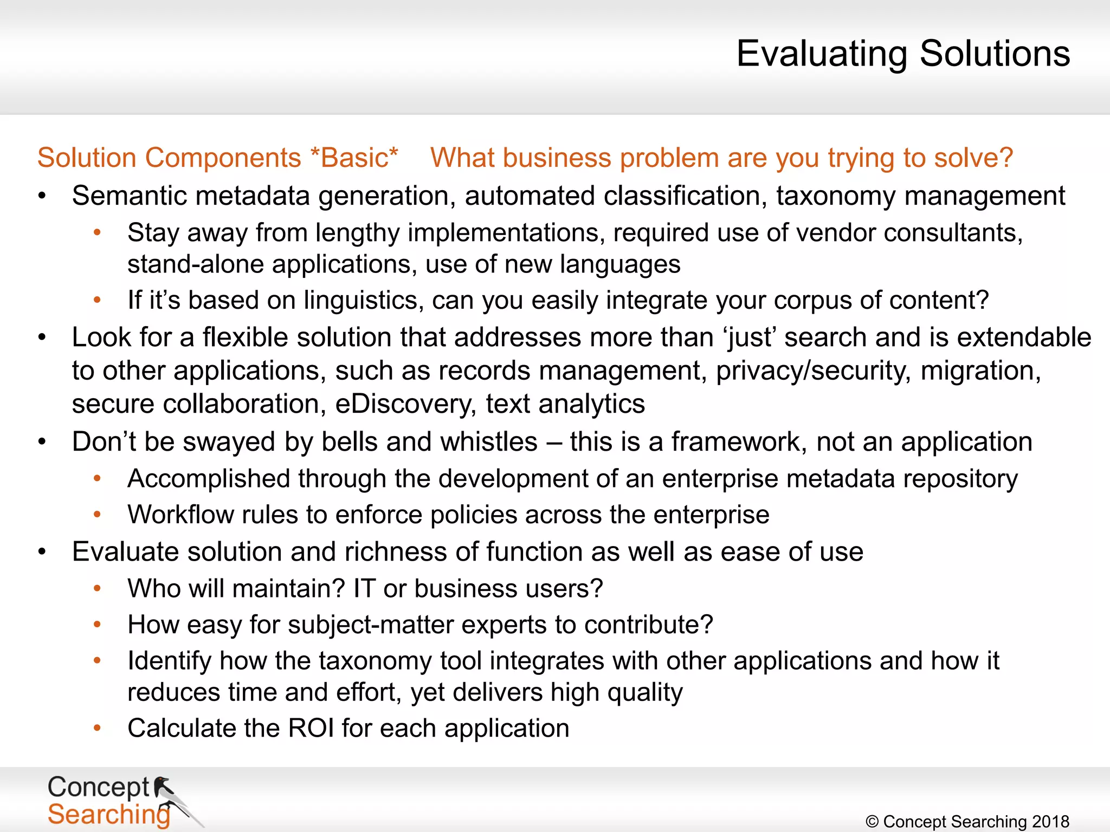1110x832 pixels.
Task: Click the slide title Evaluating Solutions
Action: [902, 54]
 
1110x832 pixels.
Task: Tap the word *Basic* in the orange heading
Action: [354, 158]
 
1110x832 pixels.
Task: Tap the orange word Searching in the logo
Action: [108, 815]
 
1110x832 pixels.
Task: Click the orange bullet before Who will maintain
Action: [97, 588]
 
